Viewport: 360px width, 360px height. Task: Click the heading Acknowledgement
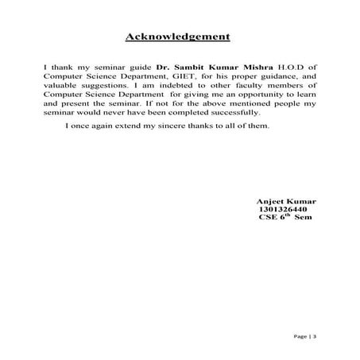pos(179,37)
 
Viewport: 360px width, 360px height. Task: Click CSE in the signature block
pos(268,217)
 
